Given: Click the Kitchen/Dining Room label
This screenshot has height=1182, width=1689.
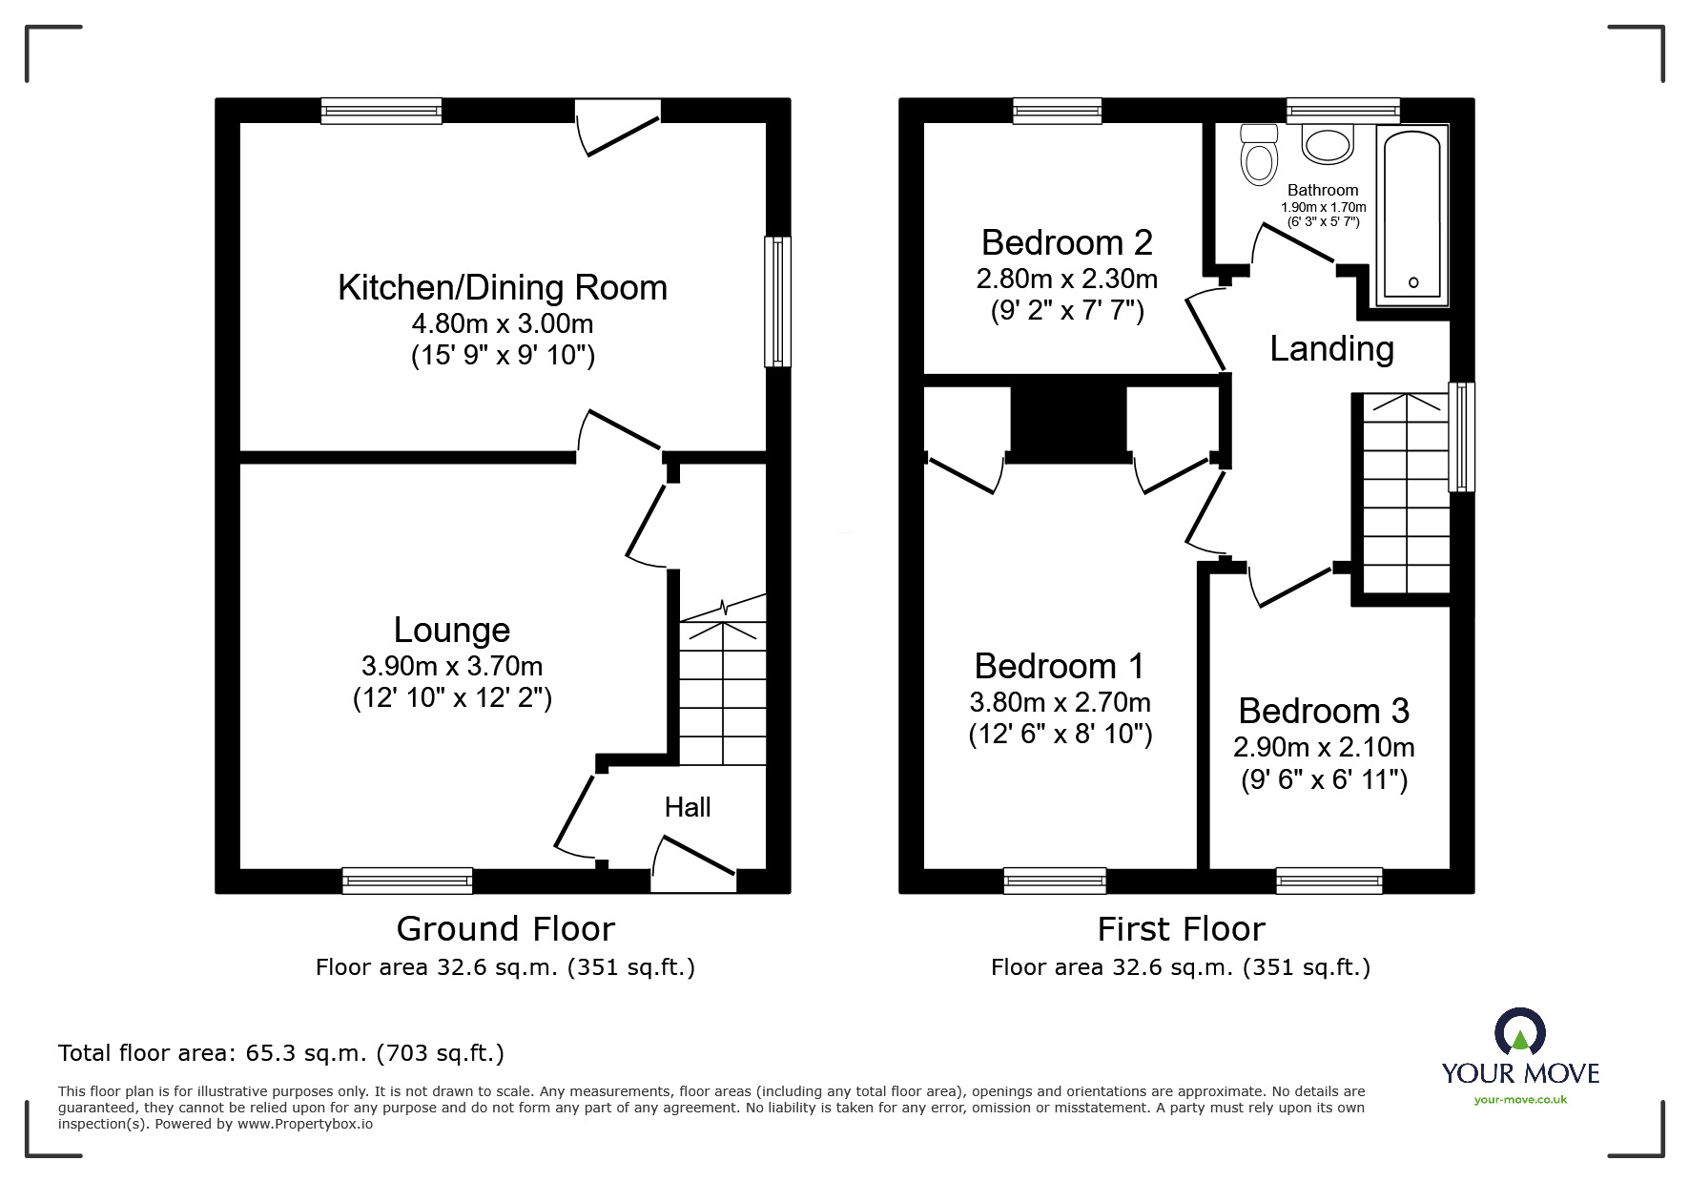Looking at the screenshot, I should click(502, 288).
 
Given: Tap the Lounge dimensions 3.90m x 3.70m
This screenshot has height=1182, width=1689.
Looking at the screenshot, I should click(452, 666).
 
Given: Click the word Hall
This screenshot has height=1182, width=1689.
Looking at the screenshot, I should click(688, 808).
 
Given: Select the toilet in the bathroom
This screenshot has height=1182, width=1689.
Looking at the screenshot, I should click(1259, 156).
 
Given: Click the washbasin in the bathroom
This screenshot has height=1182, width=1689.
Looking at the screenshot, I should click(1328, 145).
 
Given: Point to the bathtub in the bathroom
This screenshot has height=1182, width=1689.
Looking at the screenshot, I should click(1412, 218).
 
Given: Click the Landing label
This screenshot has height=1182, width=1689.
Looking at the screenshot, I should click(1331, 349).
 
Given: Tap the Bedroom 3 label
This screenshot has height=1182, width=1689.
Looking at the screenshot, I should click(1324, 712).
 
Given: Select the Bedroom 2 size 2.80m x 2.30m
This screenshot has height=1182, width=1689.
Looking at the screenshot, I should click(1066, 280).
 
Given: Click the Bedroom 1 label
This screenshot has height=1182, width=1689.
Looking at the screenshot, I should click(1059, 666).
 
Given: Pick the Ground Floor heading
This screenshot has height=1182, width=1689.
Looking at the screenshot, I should click(505, 928).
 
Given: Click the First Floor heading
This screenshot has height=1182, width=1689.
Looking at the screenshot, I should click(1181, 928).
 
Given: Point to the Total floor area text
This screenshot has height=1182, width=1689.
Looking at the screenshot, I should click(281, 1053).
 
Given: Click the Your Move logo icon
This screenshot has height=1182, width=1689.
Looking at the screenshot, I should click(1519, 1033).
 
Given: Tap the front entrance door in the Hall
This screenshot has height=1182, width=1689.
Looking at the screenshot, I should click(693, 863).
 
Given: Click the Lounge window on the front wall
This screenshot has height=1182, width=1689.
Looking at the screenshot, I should click(407, 880).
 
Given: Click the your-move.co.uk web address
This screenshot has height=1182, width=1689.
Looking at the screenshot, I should click(1520, 1100).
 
